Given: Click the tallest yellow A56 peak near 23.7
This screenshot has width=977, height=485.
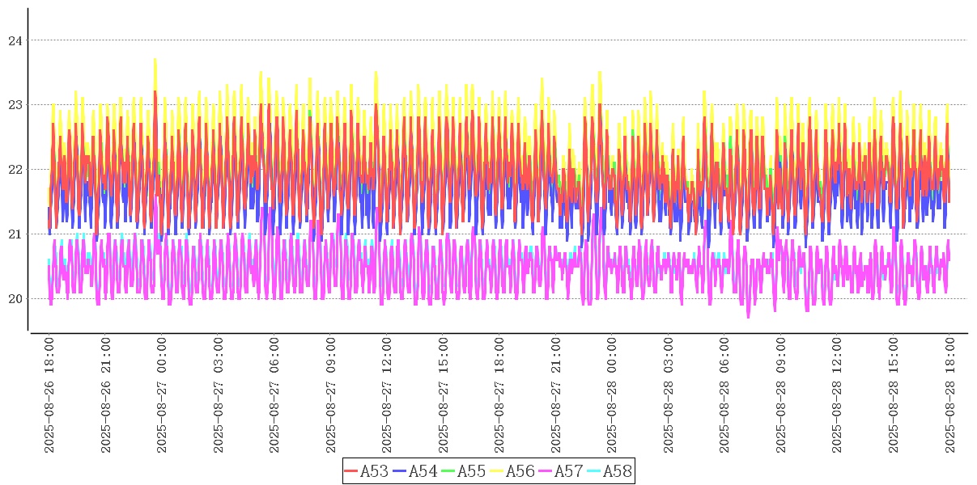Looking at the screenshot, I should pyautogui.click(x=155, y=60).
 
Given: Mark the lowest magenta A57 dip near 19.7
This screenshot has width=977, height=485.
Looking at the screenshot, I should pyautogui.click(x=748, y=317).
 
